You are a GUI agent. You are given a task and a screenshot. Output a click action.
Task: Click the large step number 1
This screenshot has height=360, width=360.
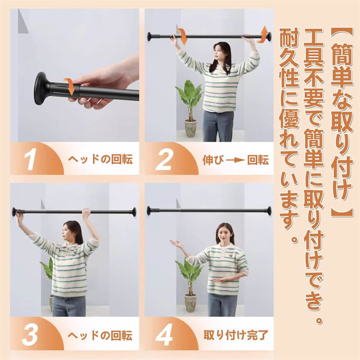31,159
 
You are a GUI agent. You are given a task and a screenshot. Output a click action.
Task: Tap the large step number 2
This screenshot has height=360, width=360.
164,159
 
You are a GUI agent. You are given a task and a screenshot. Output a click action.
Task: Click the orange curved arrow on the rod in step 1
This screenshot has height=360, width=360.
70,86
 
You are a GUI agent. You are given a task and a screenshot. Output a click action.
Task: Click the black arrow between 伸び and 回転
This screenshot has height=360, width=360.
235,160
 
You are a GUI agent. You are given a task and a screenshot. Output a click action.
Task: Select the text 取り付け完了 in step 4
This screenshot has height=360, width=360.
236,335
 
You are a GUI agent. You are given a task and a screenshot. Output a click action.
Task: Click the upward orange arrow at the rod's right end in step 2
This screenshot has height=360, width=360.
263,35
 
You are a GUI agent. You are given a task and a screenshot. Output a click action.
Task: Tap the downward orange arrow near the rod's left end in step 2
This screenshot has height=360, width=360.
183,36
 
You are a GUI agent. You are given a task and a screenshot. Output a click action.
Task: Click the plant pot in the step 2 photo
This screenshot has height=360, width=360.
190,128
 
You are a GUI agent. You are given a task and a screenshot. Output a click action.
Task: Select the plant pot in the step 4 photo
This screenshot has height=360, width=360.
190,302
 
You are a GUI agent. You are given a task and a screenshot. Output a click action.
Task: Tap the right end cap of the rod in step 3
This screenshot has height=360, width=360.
133,212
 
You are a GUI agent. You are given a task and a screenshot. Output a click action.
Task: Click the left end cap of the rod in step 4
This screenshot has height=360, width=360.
149,211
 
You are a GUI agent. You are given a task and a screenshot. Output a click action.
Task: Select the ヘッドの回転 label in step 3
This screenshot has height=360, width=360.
100,335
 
